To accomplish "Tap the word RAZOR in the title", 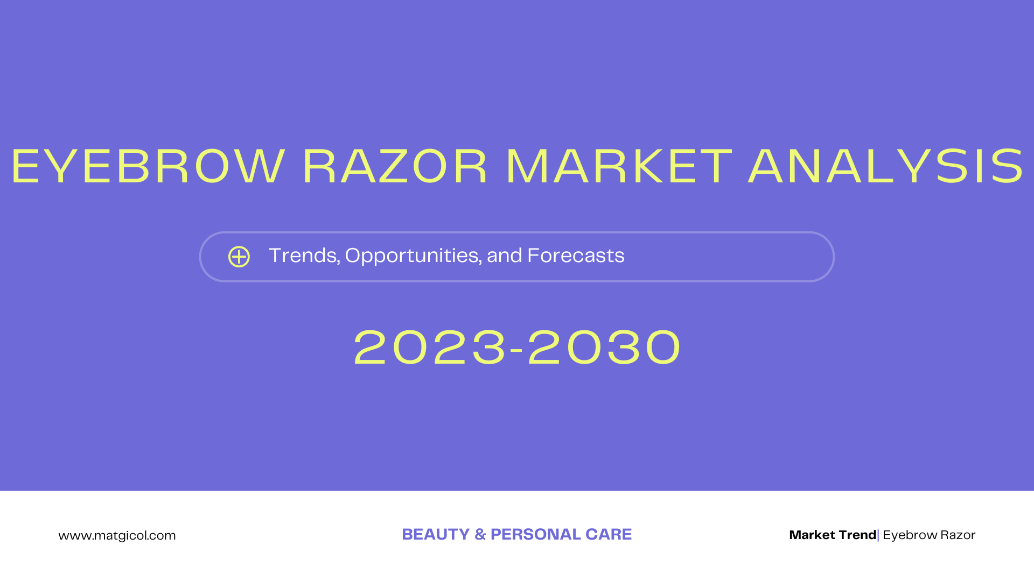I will (x=395, y=167).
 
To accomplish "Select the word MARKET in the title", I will (x=619, y=167).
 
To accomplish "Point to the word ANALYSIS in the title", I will (x=886, y=167).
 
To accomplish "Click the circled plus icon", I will (x=239, y=257).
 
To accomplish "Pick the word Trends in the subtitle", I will (x=304, y=256).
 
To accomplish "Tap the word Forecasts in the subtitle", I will (x=576, y=256).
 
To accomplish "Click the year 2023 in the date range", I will (x=430, y=348).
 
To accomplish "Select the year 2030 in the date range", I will (x=604, y=348).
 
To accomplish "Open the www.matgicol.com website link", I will (x=117, y=535).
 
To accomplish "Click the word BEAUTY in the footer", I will (x=436, y=534).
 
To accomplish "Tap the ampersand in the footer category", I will (x=480, y=534).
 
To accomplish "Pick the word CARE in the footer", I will (x=609, y=534).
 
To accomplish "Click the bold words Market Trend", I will (x=832, y=535).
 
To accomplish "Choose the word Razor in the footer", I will (x=958, y=535).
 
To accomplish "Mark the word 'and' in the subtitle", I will (x=504, y=256).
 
